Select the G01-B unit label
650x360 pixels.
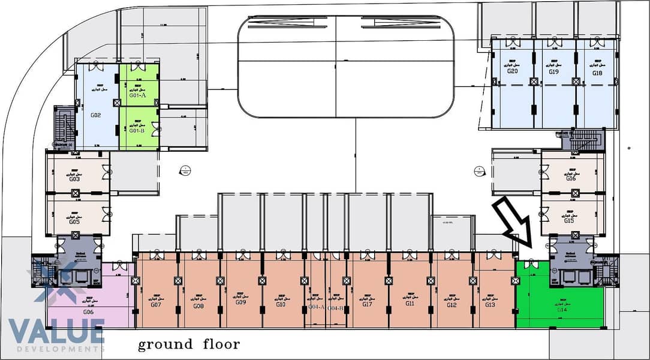(x=137, y=130)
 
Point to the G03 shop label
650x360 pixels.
(x=74, y=179)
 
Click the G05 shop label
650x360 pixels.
(x=74, y=221)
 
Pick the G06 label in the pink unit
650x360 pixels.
(x=88, y=312)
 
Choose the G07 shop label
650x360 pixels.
(x=156, y=305)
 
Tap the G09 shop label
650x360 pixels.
(x=241, y=302)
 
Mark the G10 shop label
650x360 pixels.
(x=281, y=304)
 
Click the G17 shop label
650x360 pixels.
(x=368, y=304)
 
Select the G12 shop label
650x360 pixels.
(x=452, y=304)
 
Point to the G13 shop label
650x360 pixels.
(x=490, y=304)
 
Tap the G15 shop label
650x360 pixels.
(x=570, y=221)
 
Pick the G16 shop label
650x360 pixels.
(x=570, y=178)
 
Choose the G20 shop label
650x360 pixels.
(x=513, y=71)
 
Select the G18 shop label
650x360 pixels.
(x=597, y=72)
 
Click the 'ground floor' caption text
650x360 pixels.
(x=189, y=344)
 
